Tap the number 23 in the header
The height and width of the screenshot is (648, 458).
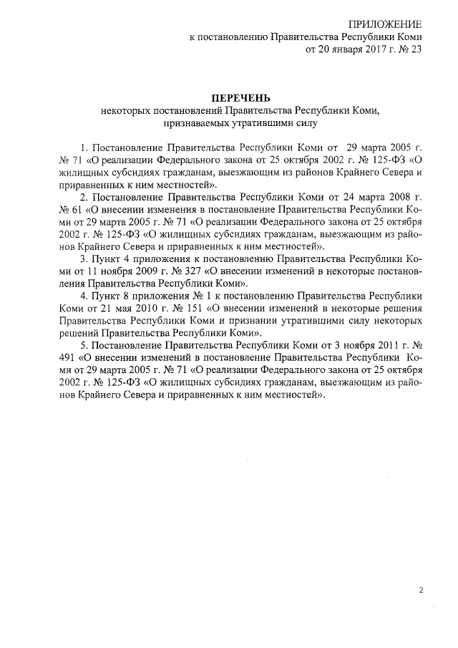click(414, 51)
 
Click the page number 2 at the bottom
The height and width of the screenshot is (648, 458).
click(422, 591)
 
